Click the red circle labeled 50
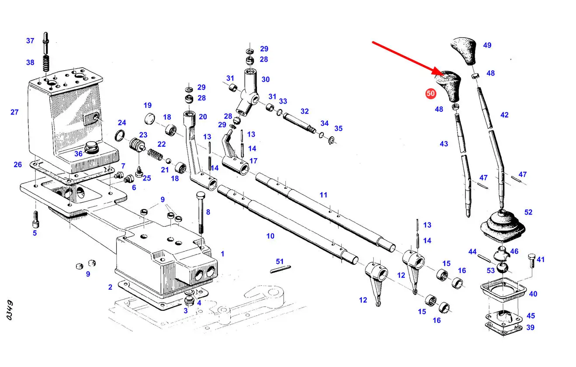[x=431, y=93]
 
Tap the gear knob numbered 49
[x=465, y=50]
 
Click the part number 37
[x=30, y=41]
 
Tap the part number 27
[x=14, y=112]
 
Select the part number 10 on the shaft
[x=271, y=236]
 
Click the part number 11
[x=323, y=195]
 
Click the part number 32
[x=305, y=111]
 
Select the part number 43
[x=444, y=144]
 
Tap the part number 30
[x=266, y=80]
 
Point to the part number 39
[x=530, y=328]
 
